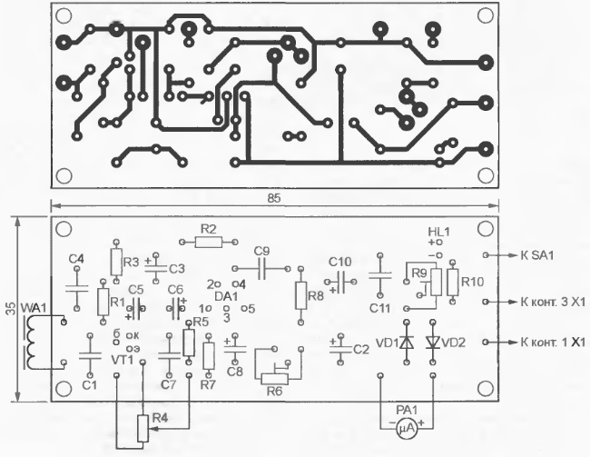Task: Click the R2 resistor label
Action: click(x=208, y=228)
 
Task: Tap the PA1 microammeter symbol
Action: click(x=406, y=424)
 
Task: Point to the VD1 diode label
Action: click(x=387, y=343)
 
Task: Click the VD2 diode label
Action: click(x=455, y=343)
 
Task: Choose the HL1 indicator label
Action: click(x=438, y=232)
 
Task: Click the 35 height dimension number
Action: click(x=10, y=309)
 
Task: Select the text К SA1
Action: click(x=540, y=255)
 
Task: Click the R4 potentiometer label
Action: click(x=160, y=418)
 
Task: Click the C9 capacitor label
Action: click(x=262, y=251)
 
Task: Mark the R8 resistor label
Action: click(x=315, y=296)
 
